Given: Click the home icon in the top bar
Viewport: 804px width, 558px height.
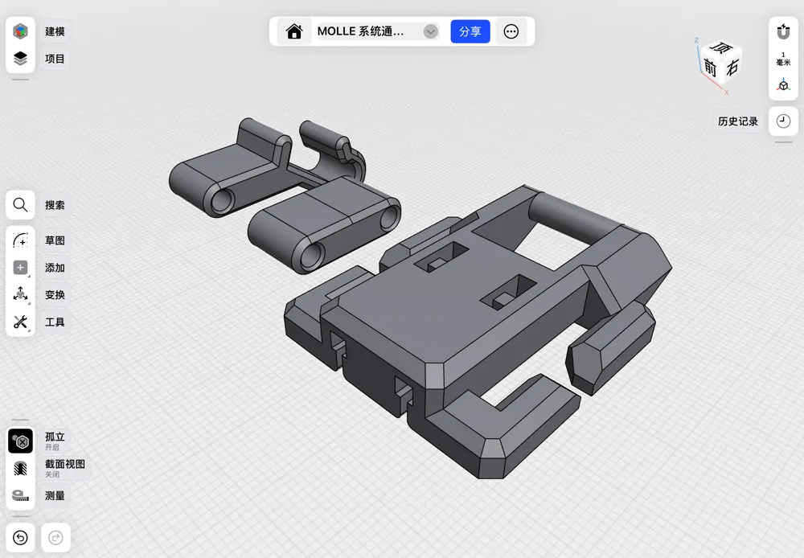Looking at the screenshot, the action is (294, 31).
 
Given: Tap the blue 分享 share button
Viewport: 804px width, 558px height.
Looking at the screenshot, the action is (470, 31).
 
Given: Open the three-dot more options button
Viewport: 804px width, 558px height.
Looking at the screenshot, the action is (511, 31).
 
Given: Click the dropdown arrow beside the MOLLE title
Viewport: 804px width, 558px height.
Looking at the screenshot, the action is (431, 31).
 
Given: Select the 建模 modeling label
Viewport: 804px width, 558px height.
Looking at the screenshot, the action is (55, 31).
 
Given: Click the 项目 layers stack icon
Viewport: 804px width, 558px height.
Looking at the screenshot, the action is (20, 59).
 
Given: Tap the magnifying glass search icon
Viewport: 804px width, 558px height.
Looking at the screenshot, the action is (20, 205).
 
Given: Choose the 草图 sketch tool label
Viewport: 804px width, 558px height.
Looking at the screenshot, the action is (55, 240).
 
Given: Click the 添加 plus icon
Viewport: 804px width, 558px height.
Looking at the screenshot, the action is (21, 267).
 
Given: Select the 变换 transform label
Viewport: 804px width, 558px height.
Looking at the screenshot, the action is (55, 294).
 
